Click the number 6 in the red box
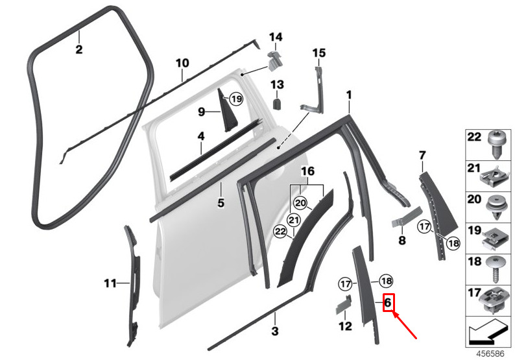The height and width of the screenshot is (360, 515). click(388, 302)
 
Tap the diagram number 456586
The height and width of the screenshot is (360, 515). click(490, 354)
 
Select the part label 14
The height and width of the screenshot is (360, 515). click(276, 37)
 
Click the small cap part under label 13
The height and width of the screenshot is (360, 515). click(278, 103)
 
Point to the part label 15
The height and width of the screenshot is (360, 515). click(319, 53)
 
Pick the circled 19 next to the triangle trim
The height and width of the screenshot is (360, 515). click(236, 99)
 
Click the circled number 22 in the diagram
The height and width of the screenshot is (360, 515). click(280, 232)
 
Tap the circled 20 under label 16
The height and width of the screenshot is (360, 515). click(300, 203)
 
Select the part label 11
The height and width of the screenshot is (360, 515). click(110, 283)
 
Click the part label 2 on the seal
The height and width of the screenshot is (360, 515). click(79, 49)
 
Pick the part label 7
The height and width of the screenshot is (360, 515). click(422, 155)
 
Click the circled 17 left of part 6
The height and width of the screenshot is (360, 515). click(345, 284)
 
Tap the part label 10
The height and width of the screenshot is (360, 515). click(182, 63)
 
